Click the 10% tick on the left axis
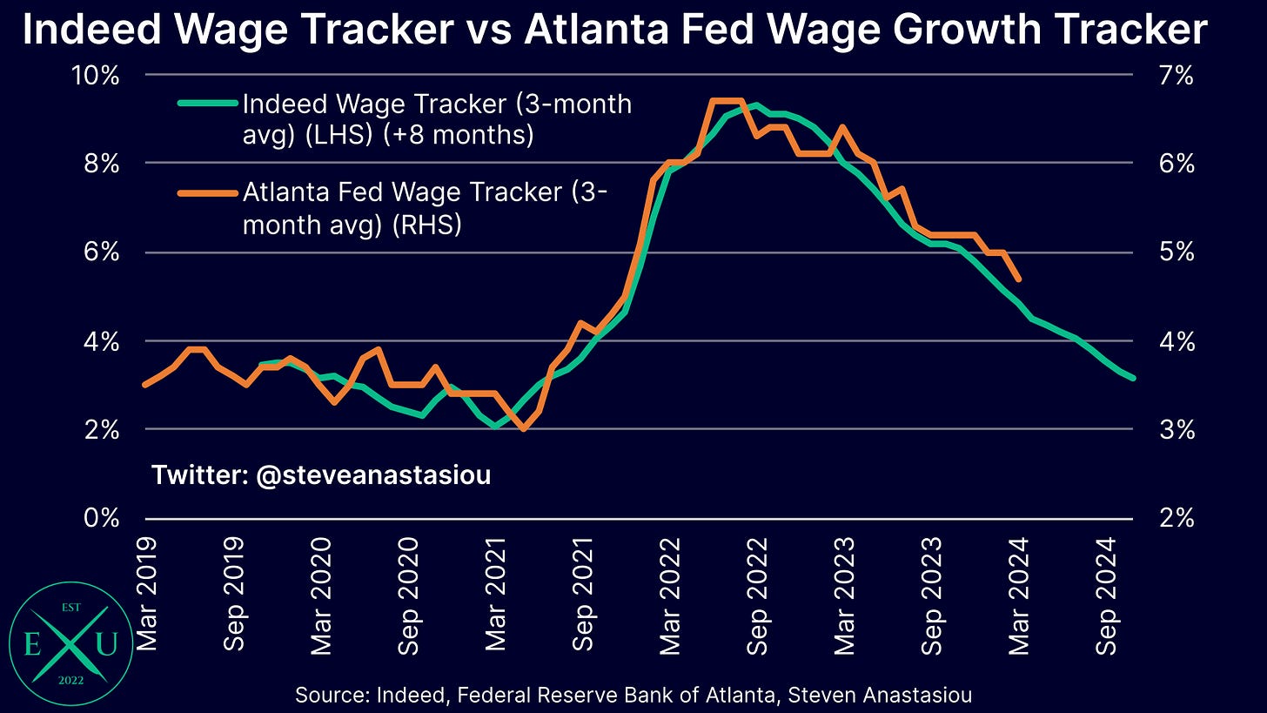pyautogui.click(x=96, y=75)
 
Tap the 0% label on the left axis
pyautogui.click(x=102, y=518)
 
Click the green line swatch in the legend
pyautogui.click(x=207, y=104)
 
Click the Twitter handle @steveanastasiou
pyautogui.click(x=321, y=475)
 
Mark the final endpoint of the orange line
pyautogui.click(x=1019, y=279)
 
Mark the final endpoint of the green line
pyautogui.click(x=1134, y=379)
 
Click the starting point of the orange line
pyautogui.click(x=144, y=385)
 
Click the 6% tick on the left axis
pyautogui.click(x=102, y=252)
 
